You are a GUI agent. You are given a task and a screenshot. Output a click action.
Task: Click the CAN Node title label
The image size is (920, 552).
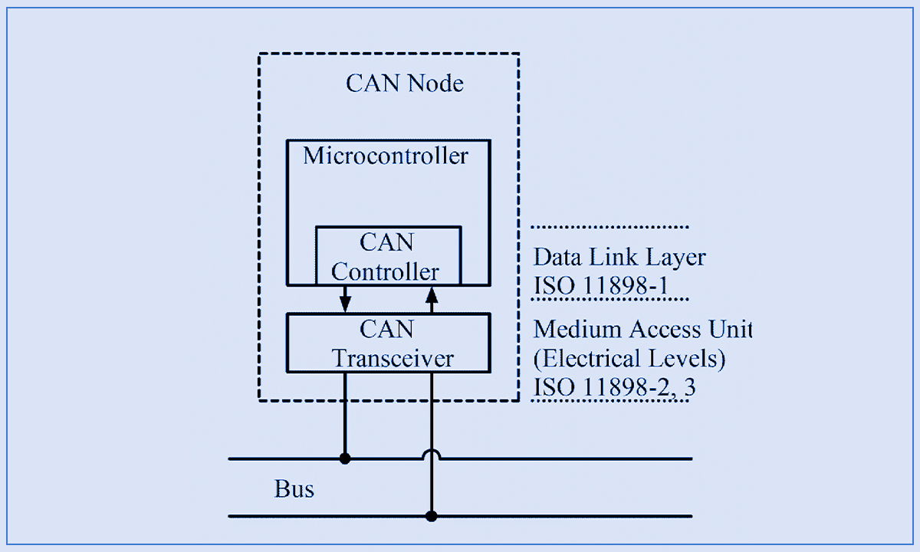(x=405, y=83)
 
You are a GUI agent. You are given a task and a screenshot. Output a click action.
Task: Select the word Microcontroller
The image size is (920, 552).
(x=385, y=156)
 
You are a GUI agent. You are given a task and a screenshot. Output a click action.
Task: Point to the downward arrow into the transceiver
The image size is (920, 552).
(x=346, y=300)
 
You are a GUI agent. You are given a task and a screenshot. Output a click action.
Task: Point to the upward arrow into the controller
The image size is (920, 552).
(x=432, y=297)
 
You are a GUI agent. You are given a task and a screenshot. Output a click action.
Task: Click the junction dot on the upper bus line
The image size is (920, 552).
(x=346, y=459)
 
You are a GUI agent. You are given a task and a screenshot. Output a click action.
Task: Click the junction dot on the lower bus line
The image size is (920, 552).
(x=432, y=516)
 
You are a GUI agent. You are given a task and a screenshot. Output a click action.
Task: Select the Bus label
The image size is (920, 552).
(x=294, y=488)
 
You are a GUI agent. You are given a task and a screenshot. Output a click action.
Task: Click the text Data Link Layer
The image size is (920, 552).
(x=619, y=257)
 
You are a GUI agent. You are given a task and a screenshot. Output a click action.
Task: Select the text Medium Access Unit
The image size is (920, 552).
(x=642, y=330)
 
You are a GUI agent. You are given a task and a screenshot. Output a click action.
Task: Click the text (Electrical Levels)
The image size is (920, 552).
(x=629, y=359)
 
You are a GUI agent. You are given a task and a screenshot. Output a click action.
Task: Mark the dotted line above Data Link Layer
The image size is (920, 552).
(x=610, y=228)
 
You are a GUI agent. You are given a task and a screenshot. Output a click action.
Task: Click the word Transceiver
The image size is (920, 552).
(x=393, y=358)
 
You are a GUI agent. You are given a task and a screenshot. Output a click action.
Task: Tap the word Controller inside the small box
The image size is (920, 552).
(x=386, y=271)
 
